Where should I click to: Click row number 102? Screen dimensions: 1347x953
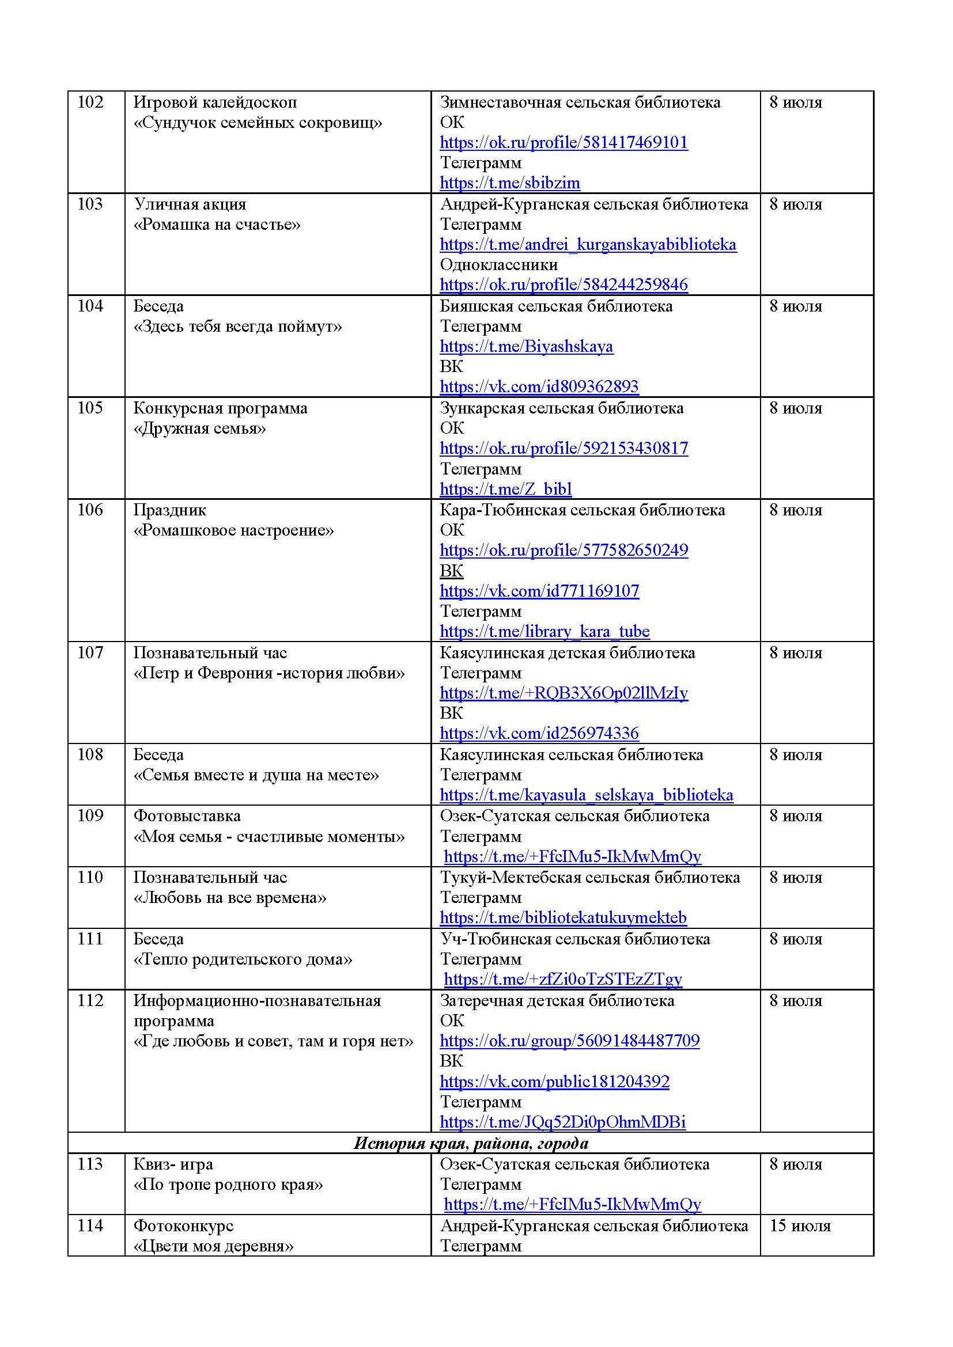click(x=90, y=103)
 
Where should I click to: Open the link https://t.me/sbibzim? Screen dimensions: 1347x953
click(x=509, y=183)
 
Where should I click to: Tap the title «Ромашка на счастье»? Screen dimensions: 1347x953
click(x=217, y=225)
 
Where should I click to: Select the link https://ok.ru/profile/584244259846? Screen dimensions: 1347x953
click(x=564, y=285)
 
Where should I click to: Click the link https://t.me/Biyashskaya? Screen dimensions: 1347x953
click(x=527, y=347)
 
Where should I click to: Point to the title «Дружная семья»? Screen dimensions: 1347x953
click(x=199, y=428)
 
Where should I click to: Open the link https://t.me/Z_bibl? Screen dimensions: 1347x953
click(x=505, y=490)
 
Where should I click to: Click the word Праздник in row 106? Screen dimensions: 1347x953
click(x=169, y=510)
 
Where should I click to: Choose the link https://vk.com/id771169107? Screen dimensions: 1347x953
click(x=539, y=591)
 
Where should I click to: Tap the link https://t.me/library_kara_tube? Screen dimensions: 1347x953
click(x=544, y=632)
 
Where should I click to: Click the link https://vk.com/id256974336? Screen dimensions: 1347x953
click(x=539, y=733)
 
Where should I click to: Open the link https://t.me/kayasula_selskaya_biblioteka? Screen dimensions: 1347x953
click(x=586, y=795)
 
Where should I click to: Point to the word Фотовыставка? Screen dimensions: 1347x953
click(x=187, y=816)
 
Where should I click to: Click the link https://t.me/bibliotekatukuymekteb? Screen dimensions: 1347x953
click(x=563, y=917)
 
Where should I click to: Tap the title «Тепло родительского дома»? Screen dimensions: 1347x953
click(x=243, y=959)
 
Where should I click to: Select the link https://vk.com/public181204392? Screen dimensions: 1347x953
click(x=554, y=1082)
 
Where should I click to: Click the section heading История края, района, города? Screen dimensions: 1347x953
click(x=471, y=1144)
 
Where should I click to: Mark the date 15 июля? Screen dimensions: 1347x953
click(x=800, y=1226)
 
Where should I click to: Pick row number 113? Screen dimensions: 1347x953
click(x=90, y=1164)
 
